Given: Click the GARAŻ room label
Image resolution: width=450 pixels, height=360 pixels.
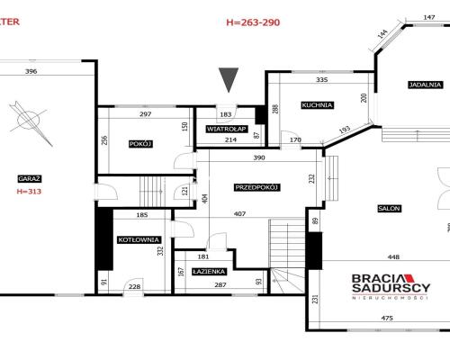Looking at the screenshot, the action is coord(30,179).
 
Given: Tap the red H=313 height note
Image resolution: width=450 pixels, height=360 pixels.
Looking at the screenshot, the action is coord(29,192).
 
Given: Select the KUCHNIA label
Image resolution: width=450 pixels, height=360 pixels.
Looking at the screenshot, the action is coord(318,105).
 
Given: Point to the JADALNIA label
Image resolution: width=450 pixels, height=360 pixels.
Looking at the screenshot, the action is coord(426,85).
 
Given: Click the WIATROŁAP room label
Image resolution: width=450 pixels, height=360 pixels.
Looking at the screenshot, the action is coord(227,129).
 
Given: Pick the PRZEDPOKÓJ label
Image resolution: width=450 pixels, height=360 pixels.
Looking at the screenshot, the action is coord(257,187).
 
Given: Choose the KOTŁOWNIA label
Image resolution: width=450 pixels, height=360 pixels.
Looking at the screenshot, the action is coord(139,239).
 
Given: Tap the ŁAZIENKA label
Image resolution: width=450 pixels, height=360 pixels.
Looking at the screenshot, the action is coord(209,272).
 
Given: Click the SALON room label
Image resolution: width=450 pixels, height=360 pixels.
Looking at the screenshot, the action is coord(389,208).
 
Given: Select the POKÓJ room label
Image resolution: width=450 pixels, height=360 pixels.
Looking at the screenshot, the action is coord(140,144).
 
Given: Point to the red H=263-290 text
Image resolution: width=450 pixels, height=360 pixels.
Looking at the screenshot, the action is coord(253,22).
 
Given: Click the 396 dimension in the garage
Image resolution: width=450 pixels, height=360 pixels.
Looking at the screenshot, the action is coord(31,71).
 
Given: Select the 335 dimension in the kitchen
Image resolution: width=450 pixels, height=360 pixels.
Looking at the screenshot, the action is coord(321,80).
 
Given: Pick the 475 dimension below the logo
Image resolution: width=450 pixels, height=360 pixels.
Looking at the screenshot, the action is coord(387,318).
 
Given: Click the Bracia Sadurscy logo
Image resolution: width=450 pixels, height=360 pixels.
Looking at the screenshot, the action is coord(391,286).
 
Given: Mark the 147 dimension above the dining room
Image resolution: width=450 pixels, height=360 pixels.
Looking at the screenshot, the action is coord(429,17).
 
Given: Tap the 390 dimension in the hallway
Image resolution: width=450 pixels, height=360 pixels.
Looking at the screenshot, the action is coord(259,157).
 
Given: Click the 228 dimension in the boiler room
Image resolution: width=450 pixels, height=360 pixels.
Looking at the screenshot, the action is coord(134,287).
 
